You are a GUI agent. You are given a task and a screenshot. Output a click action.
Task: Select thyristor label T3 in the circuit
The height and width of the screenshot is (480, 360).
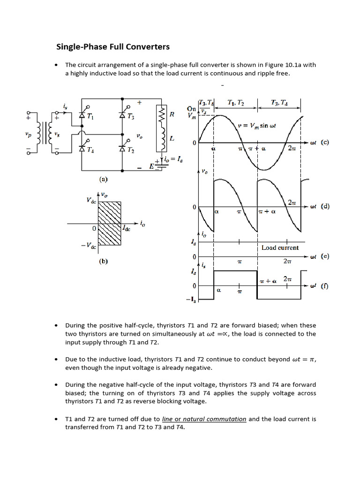(132, 118)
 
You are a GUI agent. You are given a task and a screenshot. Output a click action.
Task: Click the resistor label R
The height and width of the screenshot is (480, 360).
(172, 114)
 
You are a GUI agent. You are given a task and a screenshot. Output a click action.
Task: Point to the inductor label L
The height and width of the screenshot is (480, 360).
(172, 139)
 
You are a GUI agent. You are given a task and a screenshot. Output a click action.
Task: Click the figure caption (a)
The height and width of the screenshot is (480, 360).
(103, 179)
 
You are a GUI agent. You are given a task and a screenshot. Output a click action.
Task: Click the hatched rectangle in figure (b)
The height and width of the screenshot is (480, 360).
(109, 223)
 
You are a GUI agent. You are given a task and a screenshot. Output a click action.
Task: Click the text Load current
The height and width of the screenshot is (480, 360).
(280, 247)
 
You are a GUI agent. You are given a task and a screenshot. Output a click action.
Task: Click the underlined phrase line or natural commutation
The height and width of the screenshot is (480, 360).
(204, 419)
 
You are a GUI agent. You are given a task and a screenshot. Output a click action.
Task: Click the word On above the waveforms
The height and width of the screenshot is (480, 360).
(191, 109)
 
